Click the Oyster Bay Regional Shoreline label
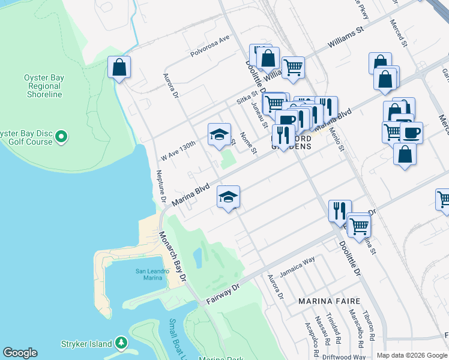[x=43, y=86]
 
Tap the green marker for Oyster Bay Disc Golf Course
[x=61, y=139]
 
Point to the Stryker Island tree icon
[x=122, y=343]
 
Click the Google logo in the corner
[x=20, y=353]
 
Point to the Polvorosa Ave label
[x=210, y=46]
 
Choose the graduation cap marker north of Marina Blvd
[x=219, y=134]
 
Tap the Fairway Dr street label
[x=223, y=291]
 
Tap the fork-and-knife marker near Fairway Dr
[x=339, y=210]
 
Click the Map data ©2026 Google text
[x=412, y=355]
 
